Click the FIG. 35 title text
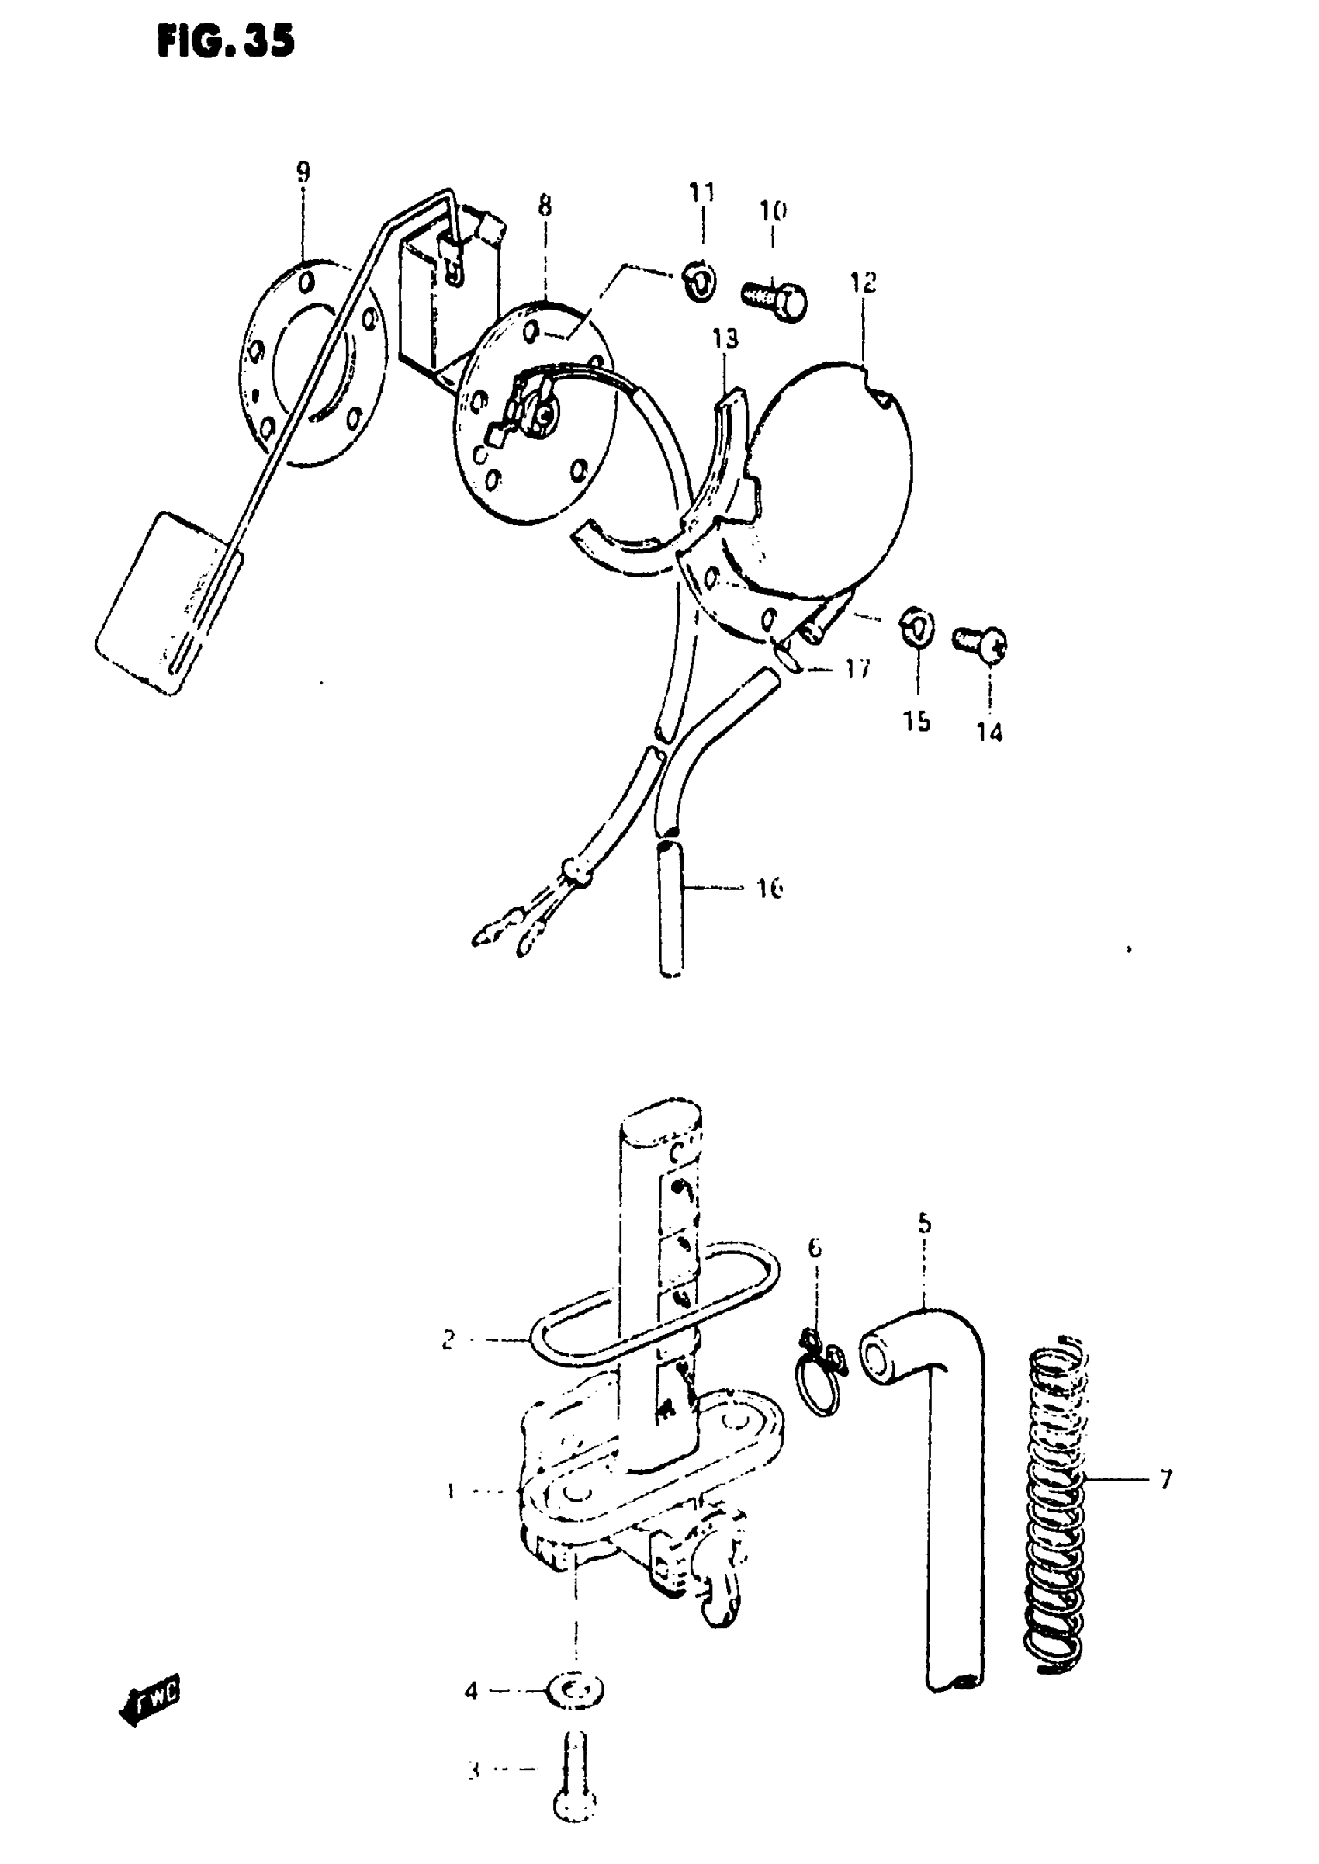click(x=225, y=41)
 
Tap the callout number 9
click(x=303, y=172)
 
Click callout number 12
click(x=864, y=282)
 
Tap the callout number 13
click(x=725, y=338)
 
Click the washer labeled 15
click(x=917, y=630)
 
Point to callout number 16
click(x=769, y=888)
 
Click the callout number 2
click(x=448, y=1339)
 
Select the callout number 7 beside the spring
click(x=1165, y=1480)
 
